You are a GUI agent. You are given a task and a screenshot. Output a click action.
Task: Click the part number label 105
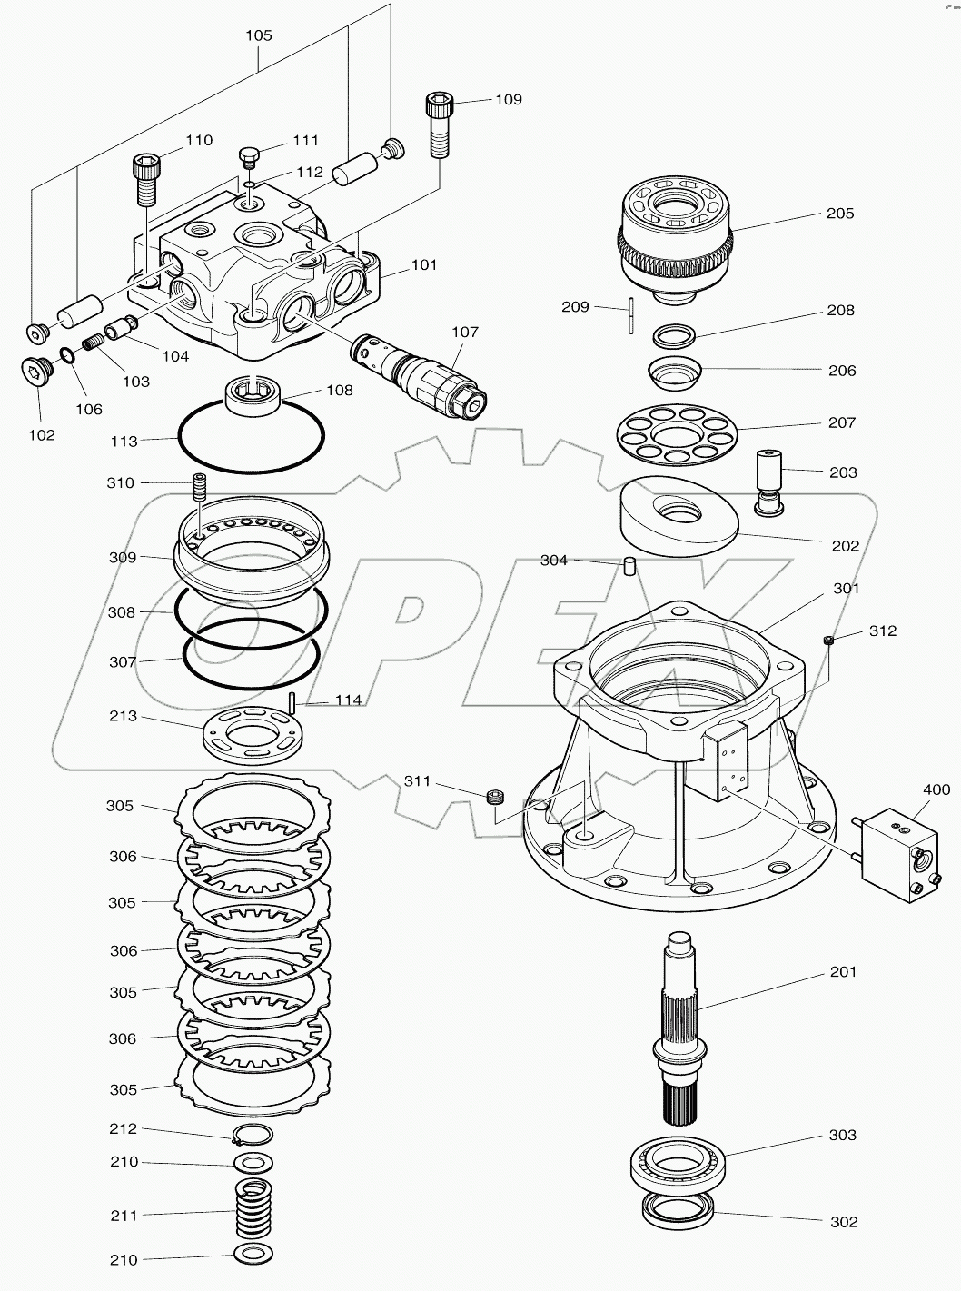click(x=259, y=35)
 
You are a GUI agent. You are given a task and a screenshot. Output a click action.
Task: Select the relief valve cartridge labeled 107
click(x=421, y=372)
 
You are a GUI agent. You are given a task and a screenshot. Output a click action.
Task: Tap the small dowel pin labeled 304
click(x=627, y=566)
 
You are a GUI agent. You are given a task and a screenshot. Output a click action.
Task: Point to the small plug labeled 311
click(x=496, y=797)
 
